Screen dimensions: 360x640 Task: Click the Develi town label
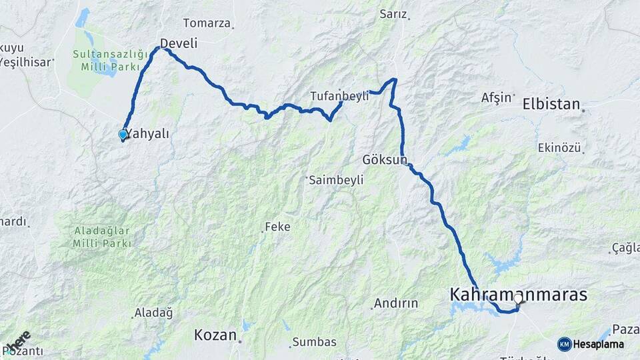(179, 43)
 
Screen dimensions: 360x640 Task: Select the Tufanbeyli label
(339, 96)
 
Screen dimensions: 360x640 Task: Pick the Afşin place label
(497, 98)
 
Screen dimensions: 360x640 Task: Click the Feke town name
(277, 227)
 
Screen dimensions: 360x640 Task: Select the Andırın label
(395, 303)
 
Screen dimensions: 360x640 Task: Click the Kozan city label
(215, 335)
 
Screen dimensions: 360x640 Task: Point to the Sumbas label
(315, 342)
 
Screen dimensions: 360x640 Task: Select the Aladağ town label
(153, 312)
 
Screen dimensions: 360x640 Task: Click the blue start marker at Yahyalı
(123, 135)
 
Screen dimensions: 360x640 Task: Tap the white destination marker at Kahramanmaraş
(518, 299)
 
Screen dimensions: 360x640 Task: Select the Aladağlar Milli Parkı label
(101, 236)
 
